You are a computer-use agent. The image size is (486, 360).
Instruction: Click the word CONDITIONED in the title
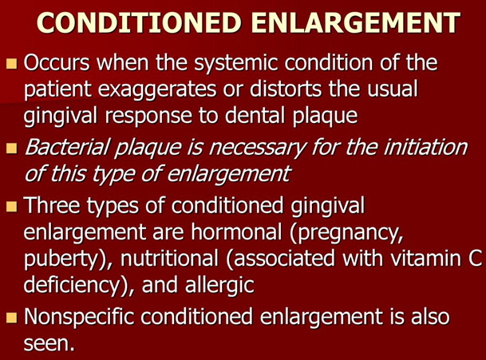(139, 22)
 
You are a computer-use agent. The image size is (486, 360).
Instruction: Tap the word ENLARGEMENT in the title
(356, 22)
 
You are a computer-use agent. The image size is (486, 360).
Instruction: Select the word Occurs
(57, 62)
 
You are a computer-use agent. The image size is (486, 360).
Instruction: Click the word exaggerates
(157, 90)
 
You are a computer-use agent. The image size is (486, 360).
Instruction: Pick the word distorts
(286, 89)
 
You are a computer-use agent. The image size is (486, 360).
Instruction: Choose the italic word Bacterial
(67, 147)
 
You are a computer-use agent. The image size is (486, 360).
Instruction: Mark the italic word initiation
(425, 147)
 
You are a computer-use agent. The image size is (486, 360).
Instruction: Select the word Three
(52, 205)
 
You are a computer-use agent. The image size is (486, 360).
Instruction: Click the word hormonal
(236, 231)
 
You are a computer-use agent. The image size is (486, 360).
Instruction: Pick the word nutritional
(169, 259)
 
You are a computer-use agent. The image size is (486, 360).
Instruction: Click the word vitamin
(425, 259)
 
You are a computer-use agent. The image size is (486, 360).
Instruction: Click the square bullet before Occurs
(11, 64)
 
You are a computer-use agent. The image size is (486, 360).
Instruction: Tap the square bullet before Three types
(11, 206)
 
